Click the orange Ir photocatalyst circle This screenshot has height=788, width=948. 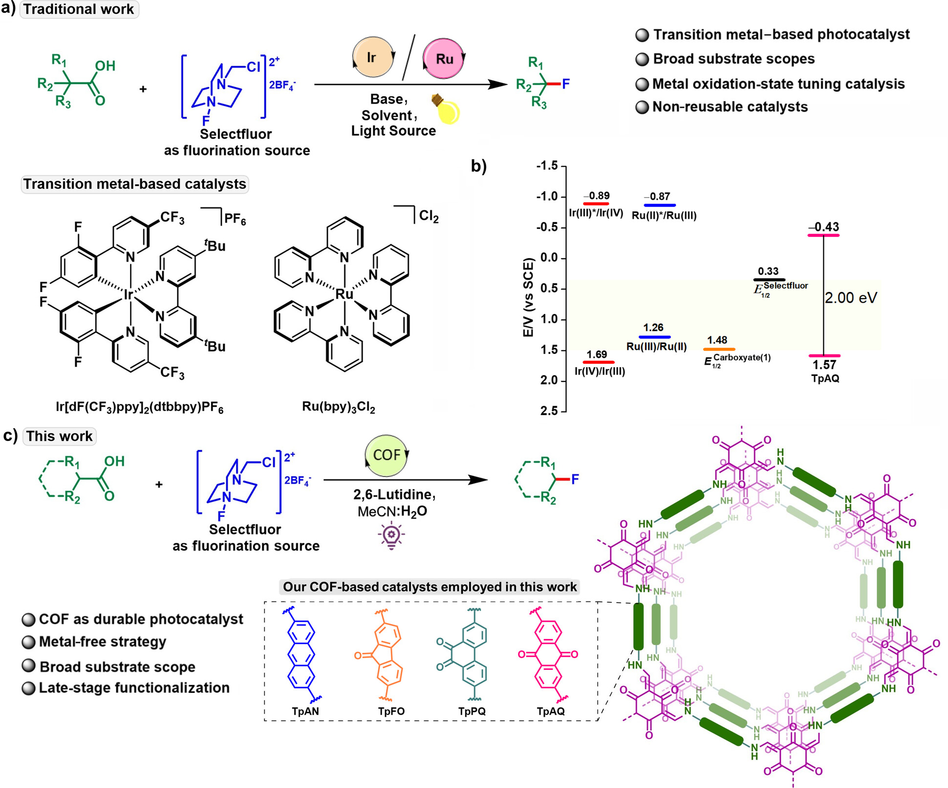[372, 57]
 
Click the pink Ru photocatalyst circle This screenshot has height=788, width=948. [443, 59]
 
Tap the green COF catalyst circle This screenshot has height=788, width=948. [386, 456]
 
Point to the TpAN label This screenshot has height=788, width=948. [305, 711]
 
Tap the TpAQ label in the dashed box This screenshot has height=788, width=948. [551, 711]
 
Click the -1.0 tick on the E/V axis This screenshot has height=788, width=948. [547, 196]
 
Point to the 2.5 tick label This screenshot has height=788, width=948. [549, 411]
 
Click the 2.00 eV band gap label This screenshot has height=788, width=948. [851, 297]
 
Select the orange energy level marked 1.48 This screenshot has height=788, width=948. [719, 349]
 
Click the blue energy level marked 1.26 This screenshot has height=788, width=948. [654, 337]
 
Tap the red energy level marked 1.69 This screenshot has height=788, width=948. [598, 362]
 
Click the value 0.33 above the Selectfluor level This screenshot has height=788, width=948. [768, 271]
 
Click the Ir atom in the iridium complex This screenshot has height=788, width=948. [129, 294]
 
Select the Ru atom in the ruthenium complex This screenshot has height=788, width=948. [345, 294]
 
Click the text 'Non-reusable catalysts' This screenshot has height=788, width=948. [730, 107]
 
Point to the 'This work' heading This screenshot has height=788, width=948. [59, 436]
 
